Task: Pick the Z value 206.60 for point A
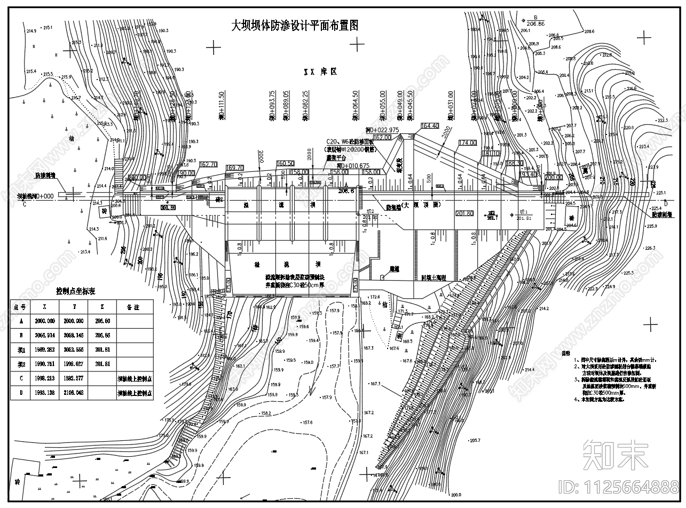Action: pyautogui.click(x=102, y=321)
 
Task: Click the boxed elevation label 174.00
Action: pyautogui.click(x=467, y=143)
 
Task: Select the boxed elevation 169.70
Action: pyautogui.click(x=235, y=168)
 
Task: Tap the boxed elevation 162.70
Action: pyautogui.click(x=208, y=165)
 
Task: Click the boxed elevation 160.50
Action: pyautogui.click(x=285, y=163)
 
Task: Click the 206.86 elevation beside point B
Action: pyautogui.click(x=535, y=23)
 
